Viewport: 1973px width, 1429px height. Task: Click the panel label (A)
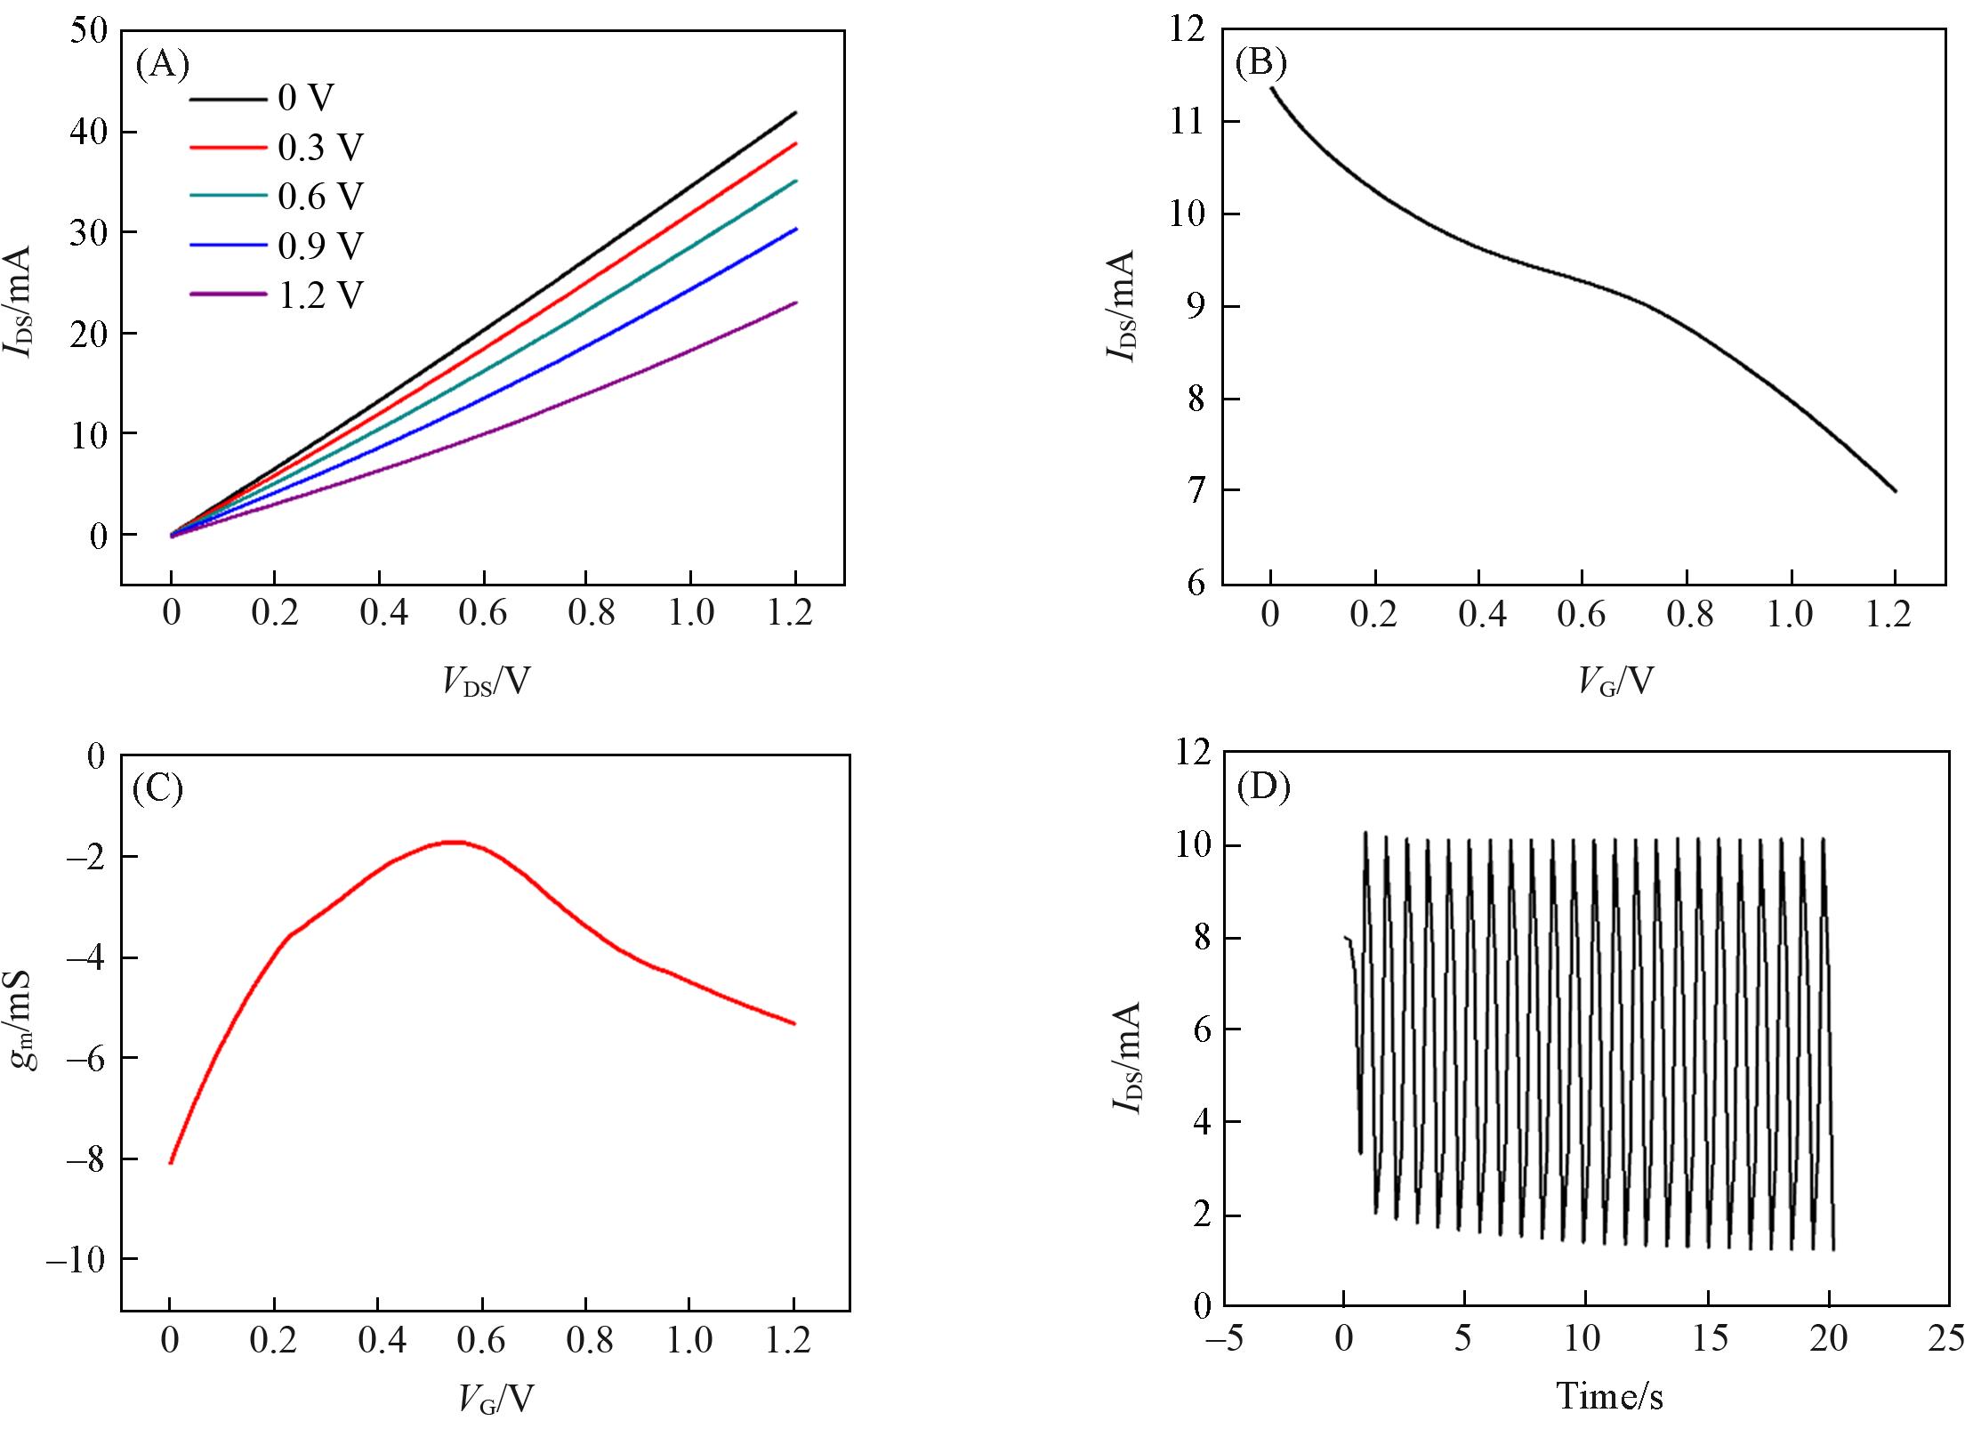[162, 64]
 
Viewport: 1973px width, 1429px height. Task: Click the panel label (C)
[157, 788]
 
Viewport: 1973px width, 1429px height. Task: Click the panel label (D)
[1263, 788]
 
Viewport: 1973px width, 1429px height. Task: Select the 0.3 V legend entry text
[321, 148]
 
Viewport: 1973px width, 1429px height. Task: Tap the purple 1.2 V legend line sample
[228, 294]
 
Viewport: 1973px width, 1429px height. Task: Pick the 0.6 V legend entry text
[321, 197]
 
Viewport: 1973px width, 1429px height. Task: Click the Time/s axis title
[1609, 1394]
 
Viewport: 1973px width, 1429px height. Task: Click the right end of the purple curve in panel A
[795, 303]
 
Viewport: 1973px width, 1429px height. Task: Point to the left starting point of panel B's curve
[1272, 88]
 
